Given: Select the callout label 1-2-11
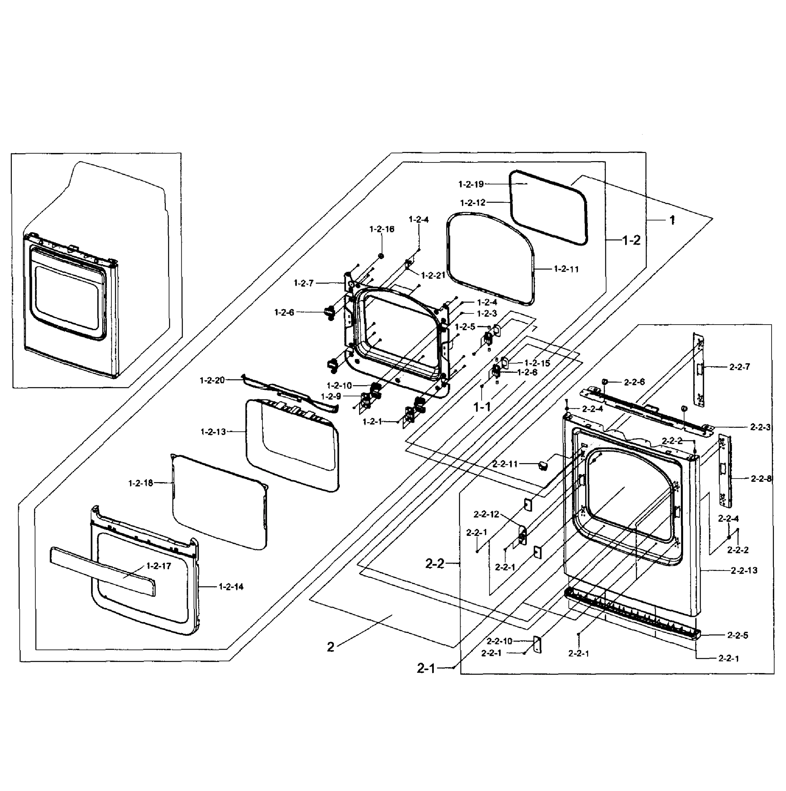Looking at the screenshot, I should pyautogui.click(x=566, y=269).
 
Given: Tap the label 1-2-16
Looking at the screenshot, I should pyautogui.click(x=382, y=229).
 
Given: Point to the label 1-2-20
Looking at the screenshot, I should pyautogui.click(x=212, y=380).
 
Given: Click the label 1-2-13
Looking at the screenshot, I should pyautogui.click(x=213, y=432).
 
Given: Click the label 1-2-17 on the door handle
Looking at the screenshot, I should pyautogui.click(x=159, y=566).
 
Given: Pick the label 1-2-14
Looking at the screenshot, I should pyautogui.click(x=231, y=587).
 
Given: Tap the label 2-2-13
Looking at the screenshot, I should pyautogui.click(x=744, y=570).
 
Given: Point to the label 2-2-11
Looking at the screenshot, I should pyautogui.click(x=505, y=464).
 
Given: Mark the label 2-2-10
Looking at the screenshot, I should pyautogui.click(x=499, y=641).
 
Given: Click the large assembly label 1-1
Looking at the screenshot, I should pyautogui.click(x=482, y=407).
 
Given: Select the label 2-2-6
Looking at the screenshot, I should pyautogui.click(x=634, y=382).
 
